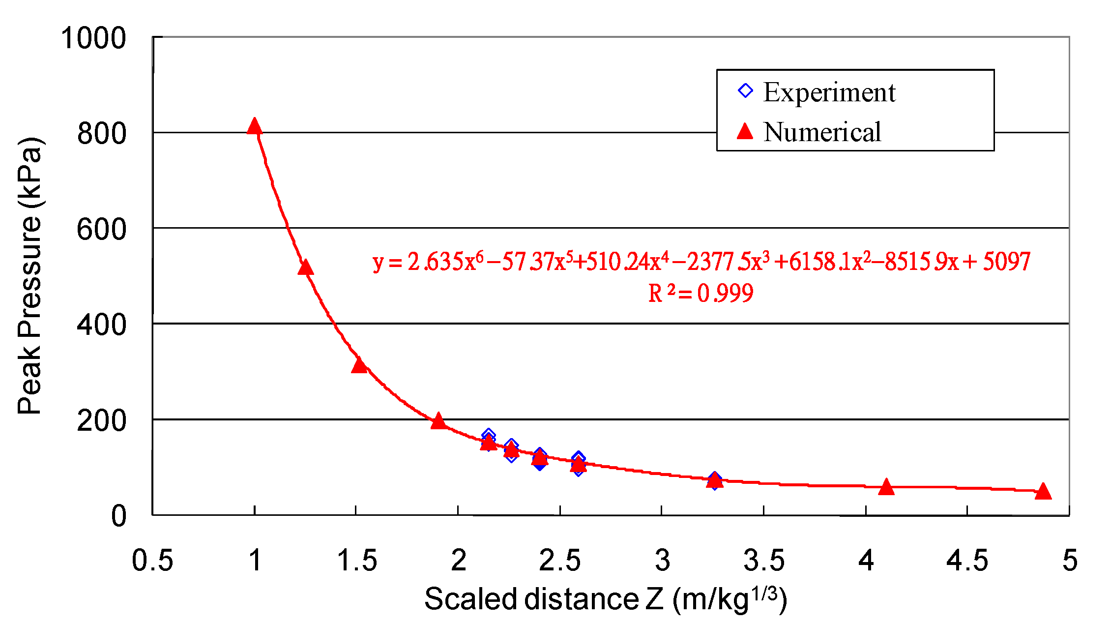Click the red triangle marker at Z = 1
254,127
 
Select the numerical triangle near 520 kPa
306,268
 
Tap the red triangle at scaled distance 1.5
359,365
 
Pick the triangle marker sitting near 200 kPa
438,422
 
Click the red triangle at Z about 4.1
886,487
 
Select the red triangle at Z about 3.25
715,481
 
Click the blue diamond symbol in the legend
745,91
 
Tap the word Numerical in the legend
822,132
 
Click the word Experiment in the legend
829,92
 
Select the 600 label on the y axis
101,229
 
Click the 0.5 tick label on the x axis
152,561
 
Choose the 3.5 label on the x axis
763,561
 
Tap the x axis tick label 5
1070,561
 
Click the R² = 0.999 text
701,294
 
